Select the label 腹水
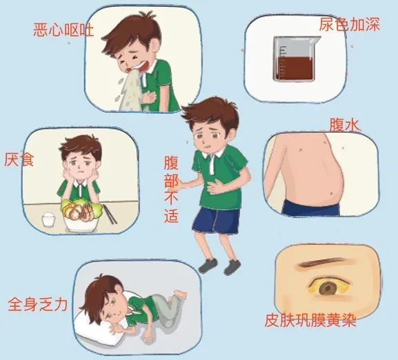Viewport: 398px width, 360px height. pos(346,126)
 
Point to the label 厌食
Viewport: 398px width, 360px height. pos(17,161)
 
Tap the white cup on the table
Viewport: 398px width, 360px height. pos(49,220)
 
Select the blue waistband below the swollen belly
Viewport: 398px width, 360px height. pos(317,206)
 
